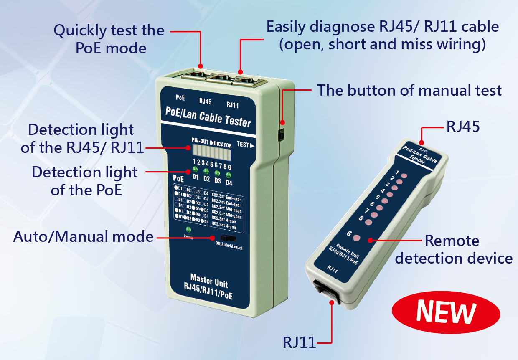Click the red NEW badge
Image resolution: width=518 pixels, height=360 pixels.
click(446, 312)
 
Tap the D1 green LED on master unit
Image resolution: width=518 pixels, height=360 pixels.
click(195, 170)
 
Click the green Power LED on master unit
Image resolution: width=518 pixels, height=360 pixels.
click(188, 230)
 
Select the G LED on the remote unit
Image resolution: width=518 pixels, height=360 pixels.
click(356, 238)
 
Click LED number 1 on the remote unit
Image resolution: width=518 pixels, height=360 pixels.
click(404, 175)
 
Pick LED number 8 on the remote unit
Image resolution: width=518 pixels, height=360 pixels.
click(368, 222)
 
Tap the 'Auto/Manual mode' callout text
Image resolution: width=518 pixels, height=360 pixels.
click(84, 236)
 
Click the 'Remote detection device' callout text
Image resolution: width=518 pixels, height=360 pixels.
click(454, 249)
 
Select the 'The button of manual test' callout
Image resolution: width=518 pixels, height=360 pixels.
click(409, 90)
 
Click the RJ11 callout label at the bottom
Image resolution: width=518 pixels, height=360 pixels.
click(299, 342)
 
